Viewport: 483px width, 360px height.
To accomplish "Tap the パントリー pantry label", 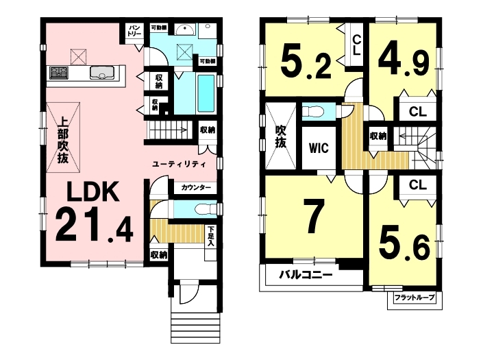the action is [134, 31].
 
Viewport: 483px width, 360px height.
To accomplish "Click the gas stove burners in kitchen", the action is [59, 73].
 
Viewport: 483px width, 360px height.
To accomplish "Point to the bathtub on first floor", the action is [206, 93].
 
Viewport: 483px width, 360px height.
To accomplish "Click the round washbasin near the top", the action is [185, 30].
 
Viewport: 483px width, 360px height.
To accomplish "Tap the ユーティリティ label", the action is [179, 165].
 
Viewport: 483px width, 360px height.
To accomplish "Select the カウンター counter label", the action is [196, 187].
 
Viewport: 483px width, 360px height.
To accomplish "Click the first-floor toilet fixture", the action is [206, 209].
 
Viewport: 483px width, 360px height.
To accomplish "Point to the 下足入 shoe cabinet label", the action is [211, 237].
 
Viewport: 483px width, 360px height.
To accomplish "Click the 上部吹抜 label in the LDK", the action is [63, 141].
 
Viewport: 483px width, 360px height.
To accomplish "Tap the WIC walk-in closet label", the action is [319, 148].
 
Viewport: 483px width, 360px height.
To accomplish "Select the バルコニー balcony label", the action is [306, 274].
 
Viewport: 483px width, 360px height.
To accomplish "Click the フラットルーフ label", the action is [414, 298].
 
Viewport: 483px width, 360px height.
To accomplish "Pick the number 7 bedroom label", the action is [314, 216].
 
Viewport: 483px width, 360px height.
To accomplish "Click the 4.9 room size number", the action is [404, 62].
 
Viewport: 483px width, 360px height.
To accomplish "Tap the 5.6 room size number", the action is [404, 243].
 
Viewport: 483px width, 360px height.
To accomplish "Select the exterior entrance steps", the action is [196, 327].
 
